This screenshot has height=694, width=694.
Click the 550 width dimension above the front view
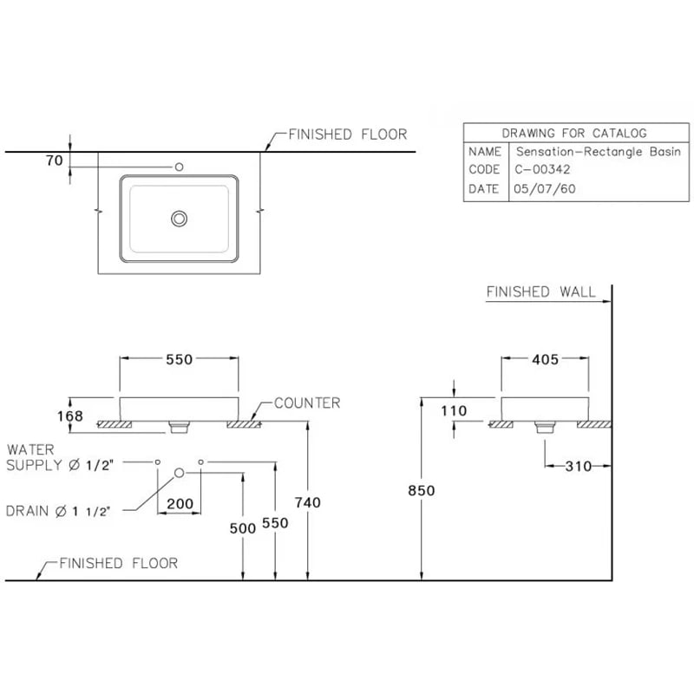tap(179, 358)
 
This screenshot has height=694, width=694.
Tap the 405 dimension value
tap(545, 358)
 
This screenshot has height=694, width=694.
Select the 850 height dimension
tap(421, 490)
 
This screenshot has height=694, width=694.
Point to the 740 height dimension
tap(307, 501)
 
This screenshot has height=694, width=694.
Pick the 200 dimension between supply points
tap(180, 503)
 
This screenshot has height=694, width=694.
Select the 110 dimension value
tap(453, 411)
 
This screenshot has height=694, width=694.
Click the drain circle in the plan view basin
tap(180, 218)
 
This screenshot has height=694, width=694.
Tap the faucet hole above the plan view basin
tap(180, 167)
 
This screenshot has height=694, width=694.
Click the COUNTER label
tap(307, 403)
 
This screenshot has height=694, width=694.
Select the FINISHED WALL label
tap(540, 292)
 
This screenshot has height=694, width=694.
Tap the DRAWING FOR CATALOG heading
tap(574, 134)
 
